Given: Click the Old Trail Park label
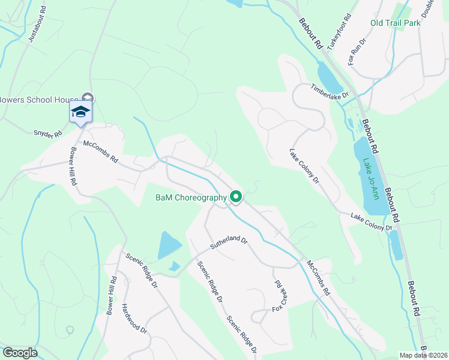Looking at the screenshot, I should tap(395, 23).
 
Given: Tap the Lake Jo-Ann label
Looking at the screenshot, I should tap(371, 178).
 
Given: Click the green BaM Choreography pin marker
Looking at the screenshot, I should tap(237, 196).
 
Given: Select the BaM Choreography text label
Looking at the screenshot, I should tap(191, 197).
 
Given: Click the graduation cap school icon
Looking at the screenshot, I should tap(80, 112).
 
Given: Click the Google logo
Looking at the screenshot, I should tap(20, 353).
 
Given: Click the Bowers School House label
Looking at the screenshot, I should tap(38, 99).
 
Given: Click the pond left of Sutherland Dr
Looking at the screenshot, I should tap(169, 245).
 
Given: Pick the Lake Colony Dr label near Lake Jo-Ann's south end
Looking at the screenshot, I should tap(371, 221).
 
